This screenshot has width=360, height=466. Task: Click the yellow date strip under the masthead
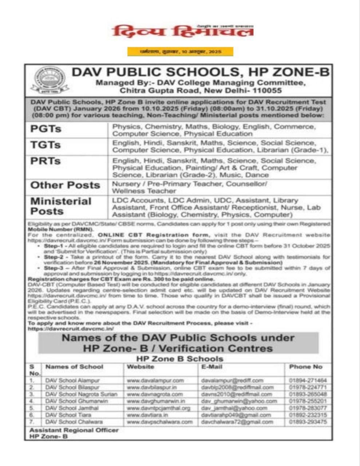click(x=180, y=52)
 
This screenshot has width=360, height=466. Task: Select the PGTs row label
click(x=46, y=129)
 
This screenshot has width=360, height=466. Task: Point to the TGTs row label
click(x=46, y=145)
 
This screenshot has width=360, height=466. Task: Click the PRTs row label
click(x=46, y=161)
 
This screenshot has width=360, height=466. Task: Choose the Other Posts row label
click(x=65, y=185)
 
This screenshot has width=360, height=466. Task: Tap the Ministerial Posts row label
click(x=61, y=206)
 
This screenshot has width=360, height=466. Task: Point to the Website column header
click(x=140, y=367)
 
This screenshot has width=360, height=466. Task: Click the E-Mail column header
click(x=211, y=367)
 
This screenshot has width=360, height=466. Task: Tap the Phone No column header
click(x=305, y=367)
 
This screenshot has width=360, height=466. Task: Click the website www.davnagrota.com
click(x=155, y=394)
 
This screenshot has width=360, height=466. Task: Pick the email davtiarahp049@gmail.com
click(x=236, y=415)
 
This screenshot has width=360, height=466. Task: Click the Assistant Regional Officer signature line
click(x=74, y=430)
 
